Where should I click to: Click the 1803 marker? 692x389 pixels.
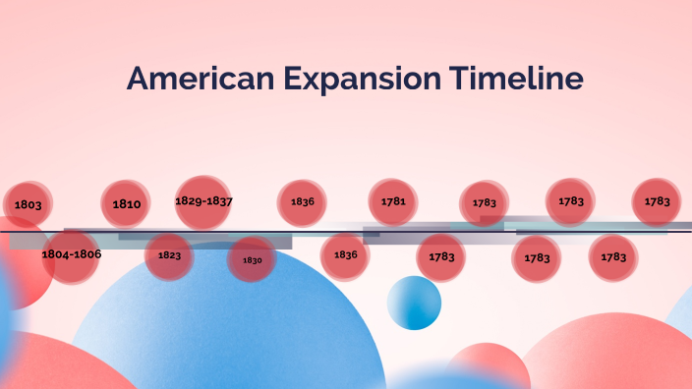point(29,204)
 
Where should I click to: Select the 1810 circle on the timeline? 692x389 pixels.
point(126,204)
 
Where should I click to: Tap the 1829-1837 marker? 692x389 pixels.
point(203,201)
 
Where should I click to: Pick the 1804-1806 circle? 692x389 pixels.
point(71,254)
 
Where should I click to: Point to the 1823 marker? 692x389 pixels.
point(169,255)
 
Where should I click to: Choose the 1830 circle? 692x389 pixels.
point(252,260)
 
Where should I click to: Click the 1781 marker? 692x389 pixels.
point(393,201)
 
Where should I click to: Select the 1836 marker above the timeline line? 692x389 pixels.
point(302,201)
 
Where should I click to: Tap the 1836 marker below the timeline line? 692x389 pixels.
point(345,254)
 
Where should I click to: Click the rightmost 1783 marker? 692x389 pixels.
point(658,201)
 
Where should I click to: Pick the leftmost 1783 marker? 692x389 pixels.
point(441,257)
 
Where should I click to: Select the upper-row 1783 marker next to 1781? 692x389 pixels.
point(485,203)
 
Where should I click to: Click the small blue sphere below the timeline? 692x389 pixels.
point(414,303)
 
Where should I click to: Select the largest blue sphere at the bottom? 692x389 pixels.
point(226,334)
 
